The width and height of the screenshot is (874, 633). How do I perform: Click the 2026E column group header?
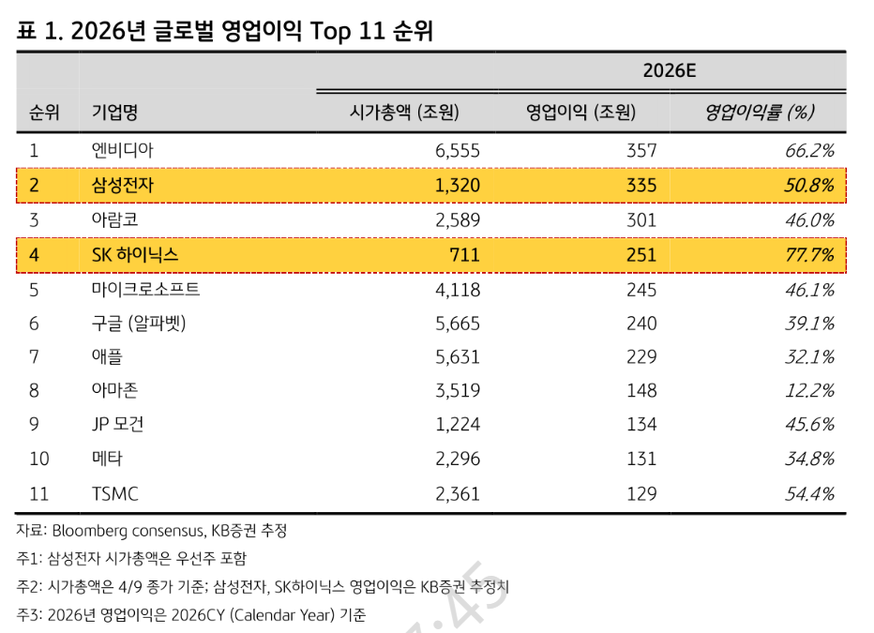click(x=670, y=70)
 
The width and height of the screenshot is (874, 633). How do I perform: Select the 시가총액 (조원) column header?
click(x=404, y=112)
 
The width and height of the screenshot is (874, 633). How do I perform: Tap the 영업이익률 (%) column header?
click(x=760, y=112)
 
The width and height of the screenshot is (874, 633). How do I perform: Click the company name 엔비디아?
click(x=122, y=150)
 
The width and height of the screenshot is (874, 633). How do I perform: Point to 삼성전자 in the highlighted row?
click(x=122, y=185)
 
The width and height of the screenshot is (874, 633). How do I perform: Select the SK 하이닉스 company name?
click(x=135, y=255)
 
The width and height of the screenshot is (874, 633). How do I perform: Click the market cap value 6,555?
click(x=457, y=150)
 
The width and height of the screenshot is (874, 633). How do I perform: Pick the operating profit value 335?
click(x=641, y=185)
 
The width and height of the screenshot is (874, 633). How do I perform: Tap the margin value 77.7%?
click(x=809, y=255)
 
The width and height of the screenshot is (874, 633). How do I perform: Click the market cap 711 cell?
click(x=464, y=255)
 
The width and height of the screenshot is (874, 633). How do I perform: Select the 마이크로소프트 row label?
click(x=145, y=289)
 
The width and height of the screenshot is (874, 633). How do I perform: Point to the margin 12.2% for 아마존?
click(x=809, y=391)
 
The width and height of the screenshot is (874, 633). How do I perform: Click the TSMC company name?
click(x=114, y=493)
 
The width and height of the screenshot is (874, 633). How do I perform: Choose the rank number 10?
click(x=39, y=459)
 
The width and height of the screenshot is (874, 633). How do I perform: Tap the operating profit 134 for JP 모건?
click(x=641, y=425)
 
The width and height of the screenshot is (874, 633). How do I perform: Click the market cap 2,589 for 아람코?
click(x=457, y=220)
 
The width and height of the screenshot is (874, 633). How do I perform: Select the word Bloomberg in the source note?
click(x=90, y=531)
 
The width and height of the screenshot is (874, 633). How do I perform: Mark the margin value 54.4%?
click(x=809, y=493)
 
